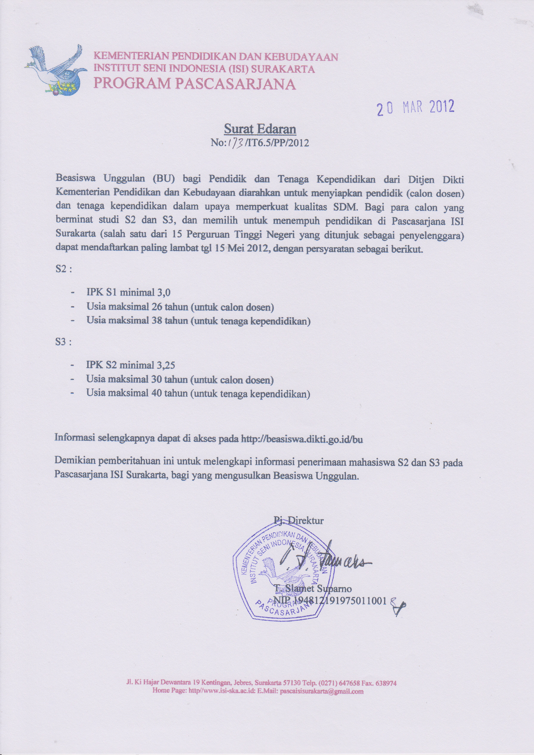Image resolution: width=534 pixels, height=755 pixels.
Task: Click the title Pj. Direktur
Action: coord(299,521)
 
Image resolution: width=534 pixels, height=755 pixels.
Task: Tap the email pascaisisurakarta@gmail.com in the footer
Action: coord(321,691)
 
